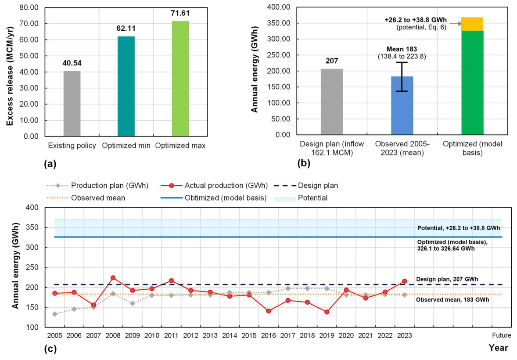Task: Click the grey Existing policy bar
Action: tap(72, 104)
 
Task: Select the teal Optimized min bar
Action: tap(126, 86)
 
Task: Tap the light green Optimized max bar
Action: tap(180, 79)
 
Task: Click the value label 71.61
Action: tap(180, 14)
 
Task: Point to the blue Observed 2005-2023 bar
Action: tap(402, 106)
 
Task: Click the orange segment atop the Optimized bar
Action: tap(472, 24)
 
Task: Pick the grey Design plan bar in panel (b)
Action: tap(332, 101)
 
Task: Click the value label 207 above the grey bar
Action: tap(332, 61)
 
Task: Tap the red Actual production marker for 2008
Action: tap(113, 278)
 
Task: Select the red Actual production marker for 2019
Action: tap(327, 312)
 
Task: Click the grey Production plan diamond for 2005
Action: tap(55, 314)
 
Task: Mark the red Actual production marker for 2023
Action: tap(405, 281)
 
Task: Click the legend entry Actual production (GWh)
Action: tap(214, 186)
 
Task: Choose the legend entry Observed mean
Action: tap(86, 198)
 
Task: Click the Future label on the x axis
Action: tap(502, 335)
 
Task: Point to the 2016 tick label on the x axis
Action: tap(269, 335)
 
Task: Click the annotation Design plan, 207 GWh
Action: tap(447, 279)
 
